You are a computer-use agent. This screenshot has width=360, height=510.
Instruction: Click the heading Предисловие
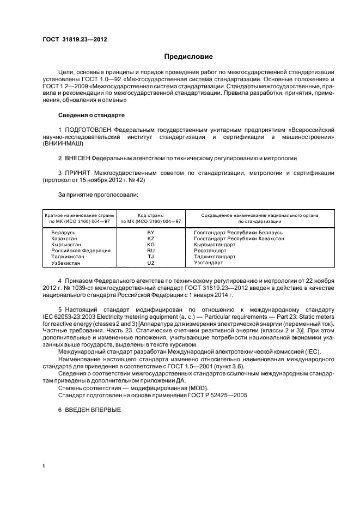pos(188,57)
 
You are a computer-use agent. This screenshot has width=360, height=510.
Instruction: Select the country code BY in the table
pos(151,233)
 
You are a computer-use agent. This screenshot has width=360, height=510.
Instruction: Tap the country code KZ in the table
pos(151,239)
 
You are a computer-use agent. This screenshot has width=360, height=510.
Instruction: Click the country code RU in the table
pos(151,251)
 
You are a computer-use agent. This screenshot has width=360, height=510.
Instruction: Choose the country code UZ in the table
pos(151,263)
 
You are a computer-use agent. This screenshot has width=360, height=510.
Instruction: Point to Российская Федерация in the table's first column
pos(81,251)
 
